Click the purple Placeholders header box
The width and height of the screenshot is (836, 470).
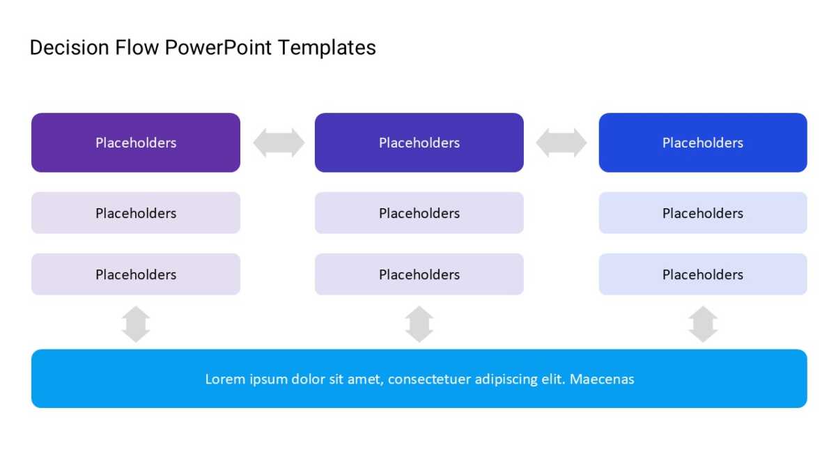tap(136, 143)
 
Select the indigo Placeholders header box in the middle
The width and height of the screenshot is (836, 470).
tap(419, 143)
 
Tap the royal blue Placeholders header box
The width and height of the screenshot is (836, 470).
tap(703, 143)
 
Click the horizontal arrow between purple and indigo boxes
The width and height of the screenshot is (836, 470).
tap(279, 143)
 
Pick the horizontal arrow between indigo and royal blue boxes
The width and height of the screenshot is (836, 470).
tap(562, 143)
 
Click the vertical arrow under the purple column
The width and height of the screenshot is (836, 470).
tap(136, 324)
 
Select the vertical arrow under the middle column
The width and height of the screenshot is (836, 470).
tap(419, 324)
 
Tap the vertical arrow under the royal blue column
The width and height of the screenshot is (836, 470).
tap(703, 324)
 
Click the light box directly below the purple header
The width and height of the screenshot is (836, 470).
tap(136, 213)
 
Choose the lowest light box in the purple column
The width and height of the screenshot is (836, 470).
tap(136, 274)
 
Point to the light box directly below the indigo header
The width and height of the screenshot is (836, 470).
tap(419, 213)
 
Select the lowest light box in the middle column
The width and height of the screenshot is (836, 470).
tap(419, 274)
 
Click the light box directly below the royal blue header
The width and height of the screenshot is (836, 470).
tap(703, 213)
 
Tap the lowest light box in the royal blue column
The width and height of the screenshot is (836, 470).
tap(703, 274)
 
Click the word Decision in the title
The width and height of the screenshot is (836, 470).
tap(70, 48)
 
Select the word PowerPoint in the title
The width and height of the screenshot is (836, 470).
tap(218, 48)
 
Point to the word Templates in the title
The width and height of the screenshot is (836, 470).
tap(327, 49)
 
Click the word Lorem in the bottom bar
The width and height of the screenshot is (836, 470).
tap(225, 379)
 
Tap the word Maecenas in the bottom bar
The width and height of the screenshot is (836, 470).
tap(602, 379)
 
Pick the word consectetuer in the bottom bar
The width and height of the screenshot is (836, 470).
tap(429, 379)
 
